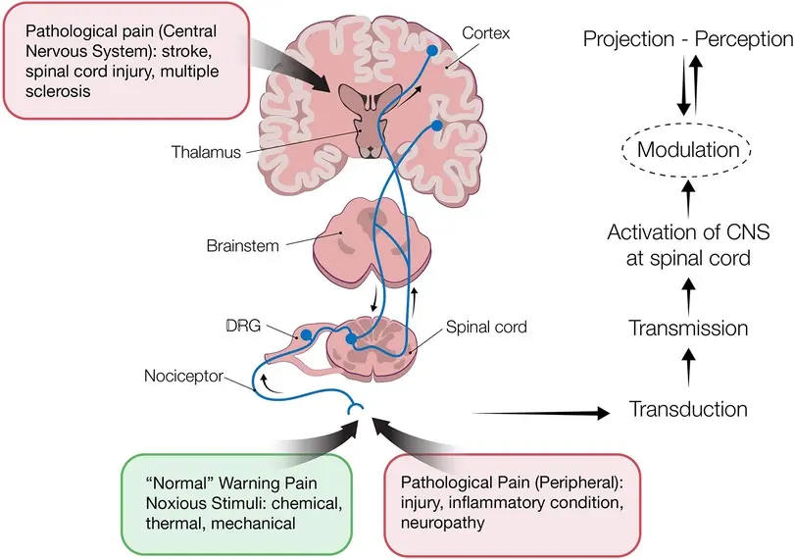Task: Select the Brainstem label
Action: (x=241, y=245)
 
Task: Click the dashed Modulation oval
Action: (x=687, y=151)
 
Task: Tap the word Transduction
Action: (x=688, y=409)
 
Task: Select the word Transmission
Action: (x=688, y=329)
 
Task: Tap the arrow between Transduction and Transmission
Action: (x=688, y=369)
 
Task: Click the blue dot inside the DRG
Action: (x=306, y=334)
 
